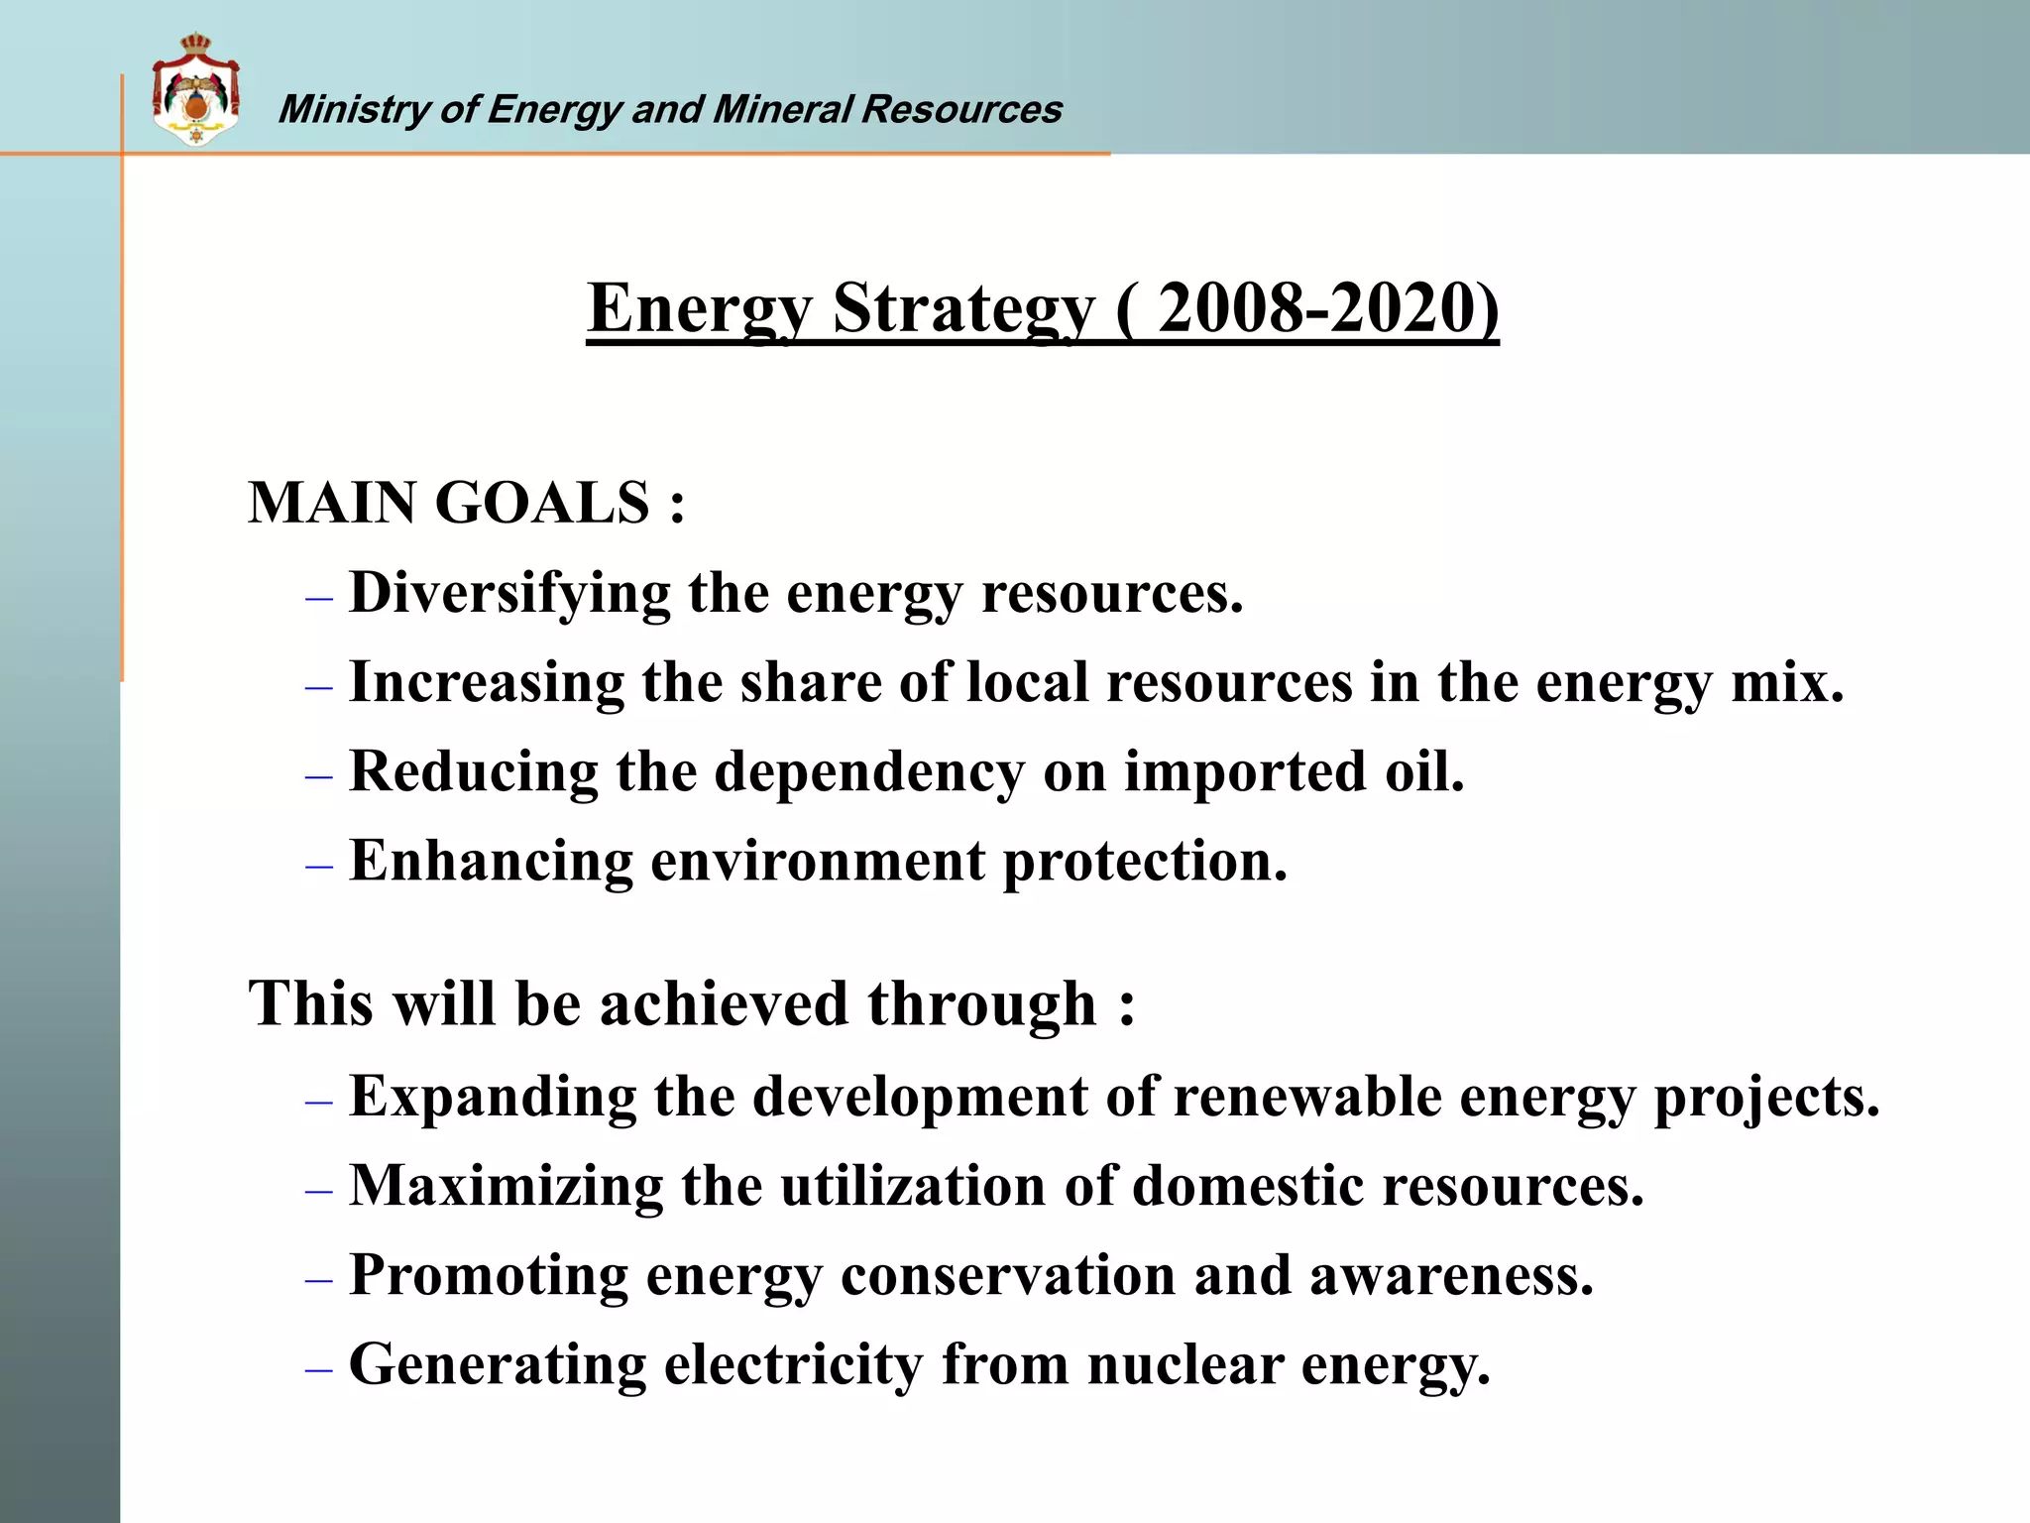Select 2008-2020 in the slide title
[1316, 308]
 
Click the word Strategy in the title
[963, 308]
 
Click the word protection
[1144, 863]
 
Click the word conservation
[1007, 1275]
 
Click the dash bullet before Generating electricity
[318, 1370]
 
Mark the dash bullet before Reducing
[318, 777]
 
